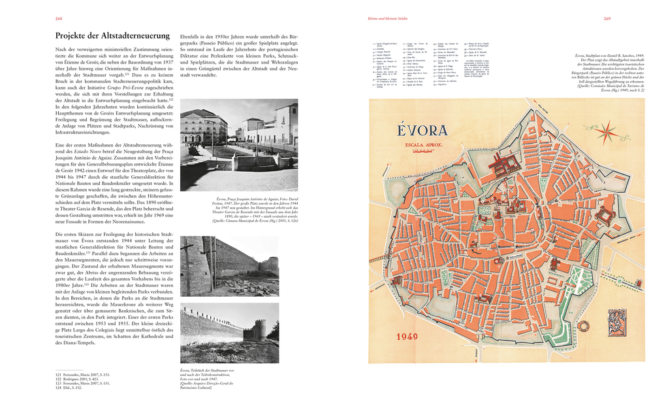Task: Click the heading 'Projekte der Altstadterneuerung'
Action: coord(112,35)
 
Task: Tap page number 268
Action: coord(59,19)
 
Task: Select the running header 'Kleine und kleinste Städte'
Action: coord(388,19)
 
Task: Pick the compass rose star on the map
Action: coord(606,131)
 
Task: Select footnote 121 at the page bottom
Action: coord(82,375)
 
